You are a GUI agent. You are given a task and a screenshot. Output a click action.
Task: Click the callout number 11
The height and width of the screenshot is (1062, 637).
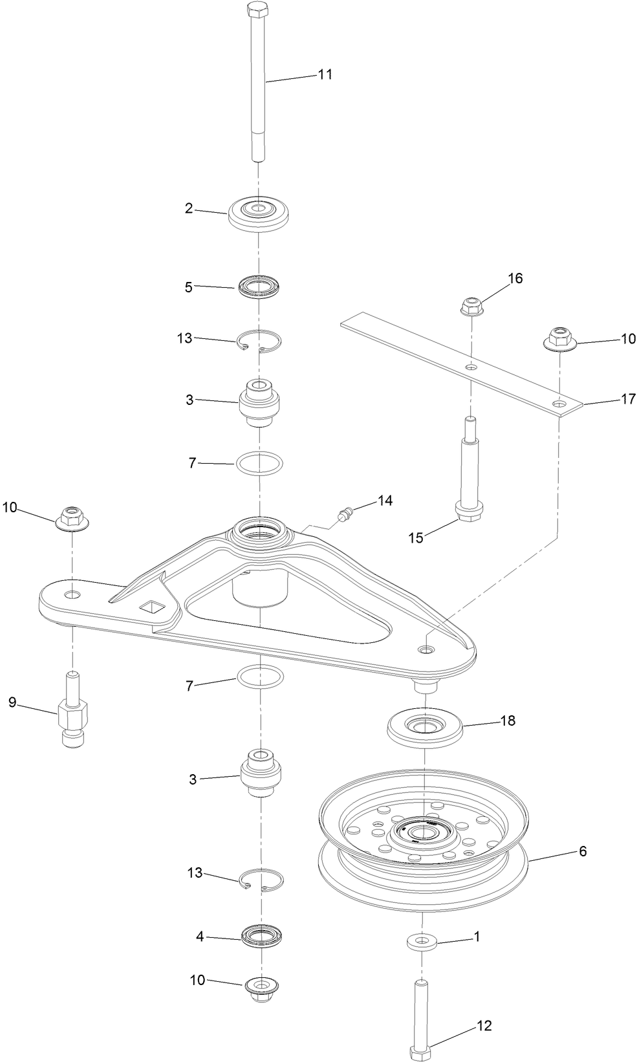click(325, 74)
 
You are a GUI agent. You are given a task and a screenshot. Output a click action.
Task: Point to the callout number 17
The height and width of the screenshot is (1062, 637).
click(628, 399)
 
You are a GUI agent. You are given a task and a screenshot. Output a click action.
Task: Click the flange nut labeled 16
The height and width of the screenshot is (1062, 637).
click(471, 306)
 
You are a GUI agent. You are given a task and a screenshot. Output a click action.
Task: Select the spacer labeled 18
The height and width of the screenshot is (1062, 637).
click(425, 728)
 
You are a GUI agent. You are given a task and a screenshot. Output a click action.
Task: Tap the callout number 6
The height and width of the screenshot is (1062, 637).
click(582, 851)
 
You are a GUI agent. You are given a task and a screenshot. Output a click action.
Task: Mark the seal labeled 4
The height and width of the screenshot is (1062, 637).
click(261, 935)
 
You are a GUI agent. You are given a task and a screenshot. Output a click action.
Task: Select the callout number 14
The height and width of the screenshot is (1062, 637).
click(385, 501)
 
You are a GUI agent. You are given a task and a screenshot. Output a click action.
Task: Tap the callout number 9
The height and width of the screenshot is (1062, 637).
click(12, 702)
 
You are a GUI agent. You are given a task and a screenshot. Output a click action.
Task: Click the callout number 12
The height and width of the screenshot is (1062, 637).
click(484, 1025)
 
